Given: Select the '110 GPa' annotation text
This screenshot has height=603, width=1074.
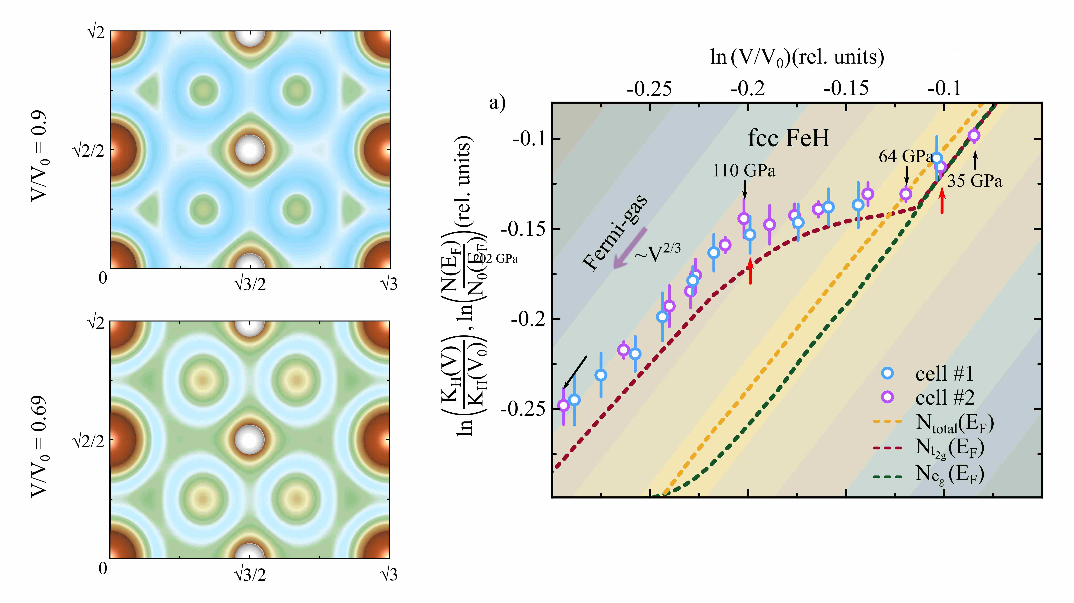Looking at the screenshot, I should [x=744, y=171].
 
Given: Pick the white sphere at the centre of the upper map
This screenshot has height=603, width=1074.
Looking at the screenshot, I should [x=249, y=150].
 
